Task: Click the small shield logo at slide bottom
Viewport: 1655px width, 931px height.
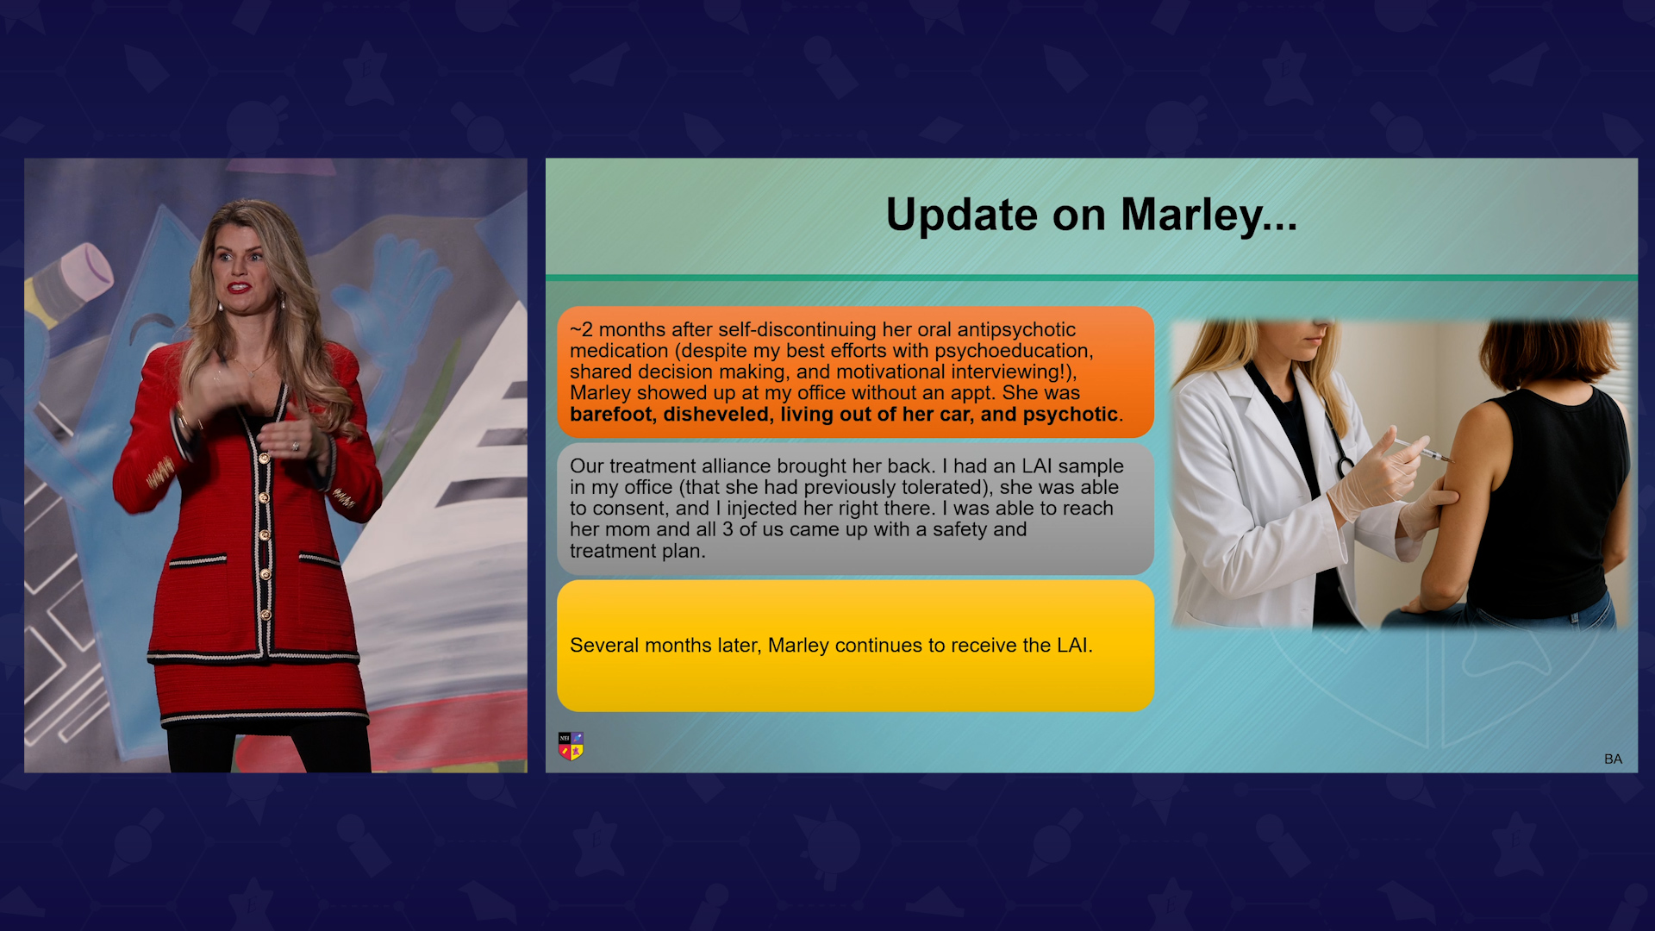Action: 571,747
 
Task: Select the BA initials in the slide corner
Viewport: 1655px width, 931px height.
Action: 1613,759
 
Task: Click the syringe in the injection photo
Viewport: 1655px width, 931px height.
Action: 1422,449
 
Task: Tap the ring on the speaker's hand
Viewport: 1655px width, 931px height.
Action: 296,446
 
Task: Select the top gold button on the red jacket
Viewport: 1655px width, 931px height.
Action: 265,459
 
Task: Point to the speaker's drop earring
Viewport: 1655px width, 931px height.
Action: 281,303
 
